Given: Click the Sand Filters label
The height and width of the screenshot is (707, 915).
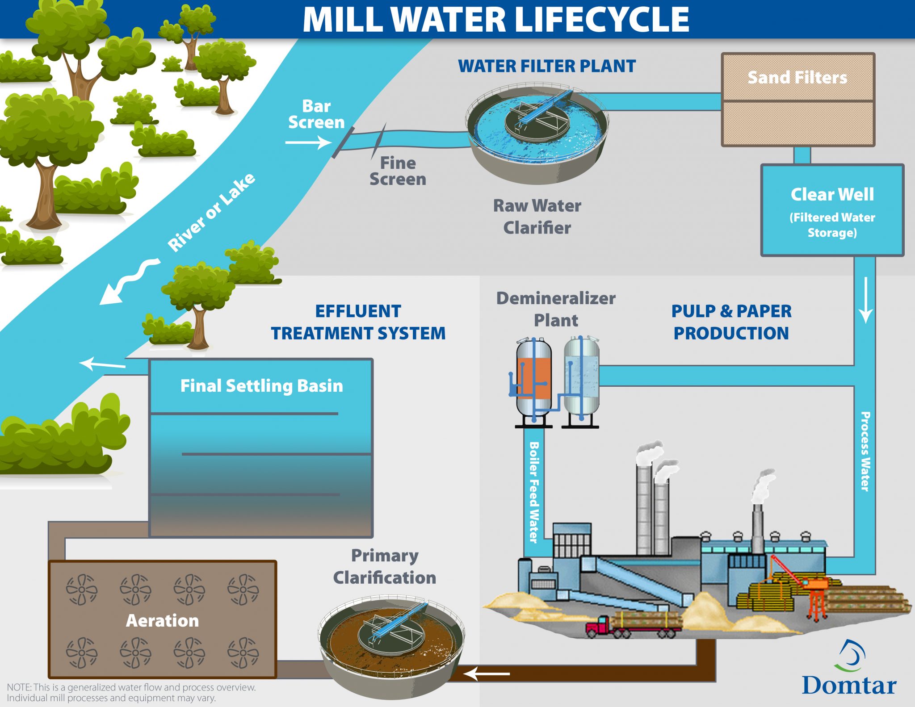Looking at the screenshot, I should (x=797, y=77).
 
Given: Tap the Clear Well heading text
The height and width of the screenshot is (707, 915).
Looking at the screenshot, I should (x=832, y=194).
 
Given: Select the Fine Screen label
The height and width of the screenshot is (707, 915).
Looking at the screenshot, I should (x=398, y=171).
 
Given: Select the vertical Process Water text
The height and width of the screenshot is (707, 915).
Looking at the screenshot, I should (x=865, y=451).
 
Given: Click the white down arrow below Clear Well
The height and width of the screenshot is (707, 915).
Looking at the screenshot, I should (x=865, y=300).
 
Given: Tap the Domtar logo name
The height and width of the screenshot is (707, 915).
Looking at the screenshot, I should (x=848, y=685).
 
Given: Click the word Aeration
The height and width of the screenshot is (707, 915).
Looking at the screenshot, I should (x=162, y=620).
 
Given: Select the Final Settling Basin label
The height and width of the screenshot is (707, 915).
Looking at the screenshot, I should (x=261, y=385).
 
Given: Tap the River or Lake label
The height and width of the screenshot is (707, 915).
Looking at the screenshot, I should (x=211, y=212).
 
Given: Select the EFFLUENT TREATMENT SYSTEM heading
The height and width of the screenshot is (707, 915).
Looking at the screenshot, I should (x=358, y=322).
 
